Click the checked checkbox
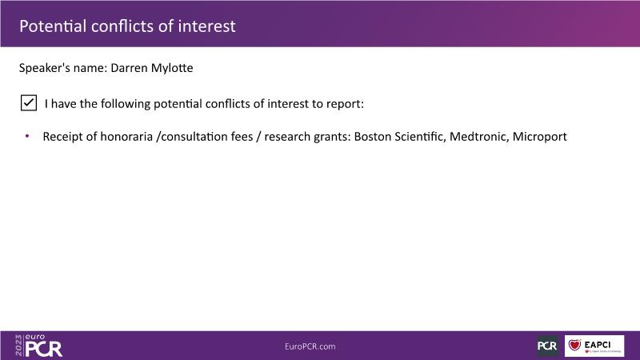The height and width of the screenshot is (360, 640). (29, 103)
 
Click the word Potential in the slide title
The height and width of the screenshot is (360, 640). (53, 26)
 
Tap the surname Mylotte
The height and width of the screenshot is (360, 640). (172, 68)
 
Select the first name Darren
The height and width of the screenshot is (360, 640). (129, 68)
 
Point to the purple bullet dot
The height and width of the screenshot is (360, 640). (27, 136)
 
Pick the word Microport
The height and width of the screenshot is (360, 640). (539, 137)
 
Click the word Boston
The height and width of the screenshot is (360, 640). (372, 136)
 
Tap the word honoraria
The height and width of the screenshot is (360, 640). (126, 136)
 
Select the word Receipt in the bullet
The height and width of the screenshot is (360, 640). (62, 137)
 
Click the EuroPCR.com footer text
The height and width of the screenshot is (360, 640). (310, 346)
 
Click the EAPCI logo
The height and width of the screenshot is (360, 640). (594, 346)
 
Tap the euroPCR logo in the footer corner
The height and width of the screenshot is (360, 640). (38, 346)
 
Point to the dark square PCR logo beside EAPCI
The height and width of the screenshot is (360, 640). (547, 346)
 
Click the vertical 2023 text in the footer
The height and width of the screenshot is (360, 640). (18, 346)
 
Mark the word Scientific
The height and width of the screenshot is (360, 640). (418, 136)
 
